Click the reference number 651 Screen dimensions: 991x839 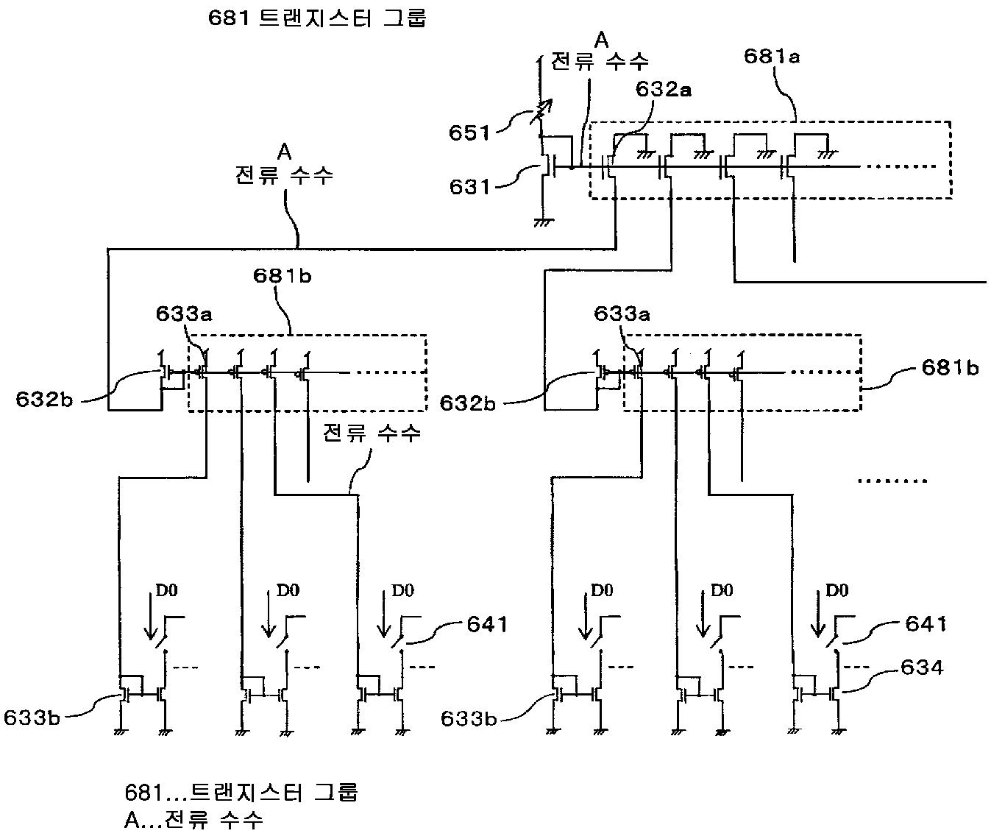point(469,133)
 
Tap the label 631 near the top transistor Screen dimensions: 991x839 point(469,187)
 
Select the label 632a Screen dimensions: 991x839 point(664,89)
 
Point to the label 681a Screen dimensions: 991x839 point(772,57)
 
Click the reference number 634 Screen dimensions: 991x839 point(922,668)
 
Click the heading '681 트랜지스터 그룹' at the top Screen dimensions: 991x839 point(317,18)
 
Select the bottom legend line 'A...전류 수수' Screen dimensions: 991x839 point(193,820)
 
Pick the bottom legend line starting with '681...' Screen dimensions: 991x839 point(241,793)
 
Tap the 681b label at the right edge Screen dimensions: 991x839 point(950,368)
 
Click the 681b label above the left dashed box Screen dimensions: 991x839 point(283,276)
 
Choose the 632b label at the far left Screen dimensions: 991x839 point(44,399)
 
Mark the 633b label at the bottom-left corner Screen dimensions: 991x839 point(32,718)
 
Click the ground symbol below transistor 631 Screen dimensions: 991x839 point(543,222)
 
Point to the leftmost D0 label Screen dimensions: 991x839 point(166,590)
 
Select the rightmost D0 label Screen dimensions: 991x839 point(837,590)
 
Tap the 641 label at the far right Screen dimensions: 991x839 point(926,624)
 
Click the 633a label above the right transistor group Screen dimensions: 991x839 point(622,314)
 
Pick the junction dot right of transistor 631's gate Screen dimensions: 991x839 point(571,167)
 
